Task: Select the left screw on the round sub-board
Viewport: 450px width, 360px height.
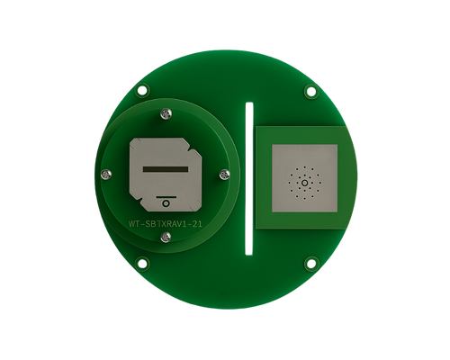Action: tap(106, 174)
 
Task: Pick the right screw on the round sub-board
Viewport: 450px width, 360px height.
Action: tap(228, 175)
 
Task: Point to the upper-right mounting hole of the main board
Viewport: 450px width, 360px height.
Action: tap(310, 91)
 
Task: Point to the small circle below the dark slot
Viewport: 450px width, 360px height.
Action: tap(166, 203)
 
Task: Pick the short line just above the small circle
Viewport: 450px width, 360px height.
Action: tap(166, 193)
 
